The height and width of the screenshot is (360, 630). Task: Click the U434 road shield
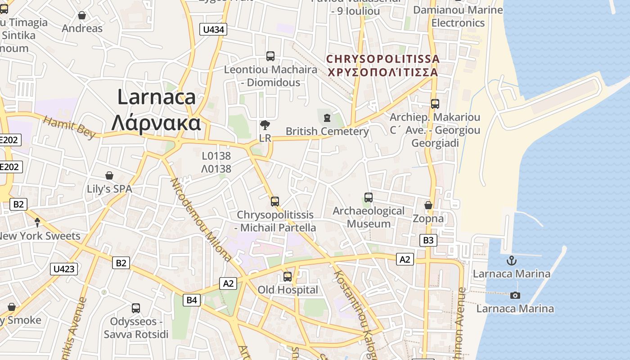point(213,30)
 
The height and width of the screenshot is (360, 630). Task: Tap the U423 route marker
point(64,269)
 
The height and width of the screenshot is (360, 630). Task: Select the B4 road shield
point(192,300)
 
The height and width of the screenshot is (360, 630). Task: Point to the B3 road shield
point(428,240)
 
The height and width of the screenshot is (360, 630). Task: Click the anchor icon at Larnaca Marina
point(511,261)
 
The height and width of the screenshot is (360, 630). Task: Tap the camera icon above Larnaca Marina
point(515,295)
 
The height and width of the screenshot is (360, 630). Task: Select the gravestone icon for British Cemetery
point(327,118)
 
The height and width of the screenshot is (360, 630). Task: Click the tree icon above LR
point(265,125)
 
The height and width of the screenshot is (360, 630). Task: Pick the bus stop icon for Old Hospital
point(288,277)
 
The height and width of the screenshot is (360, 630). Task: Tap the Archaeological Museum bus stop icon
point(369,198)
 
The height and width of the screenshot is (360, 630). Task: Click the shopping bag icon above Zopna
point(428,205)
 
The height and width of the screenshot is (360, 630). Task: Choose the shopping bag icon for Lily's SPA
point(109,175)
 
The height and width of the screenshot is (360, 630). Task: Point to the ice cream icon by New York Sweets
point(37,222)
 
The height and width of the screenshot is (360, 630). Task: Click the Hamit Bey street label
point(70,127)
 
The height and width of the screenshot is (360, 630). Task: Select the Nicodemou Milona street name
point(201,220)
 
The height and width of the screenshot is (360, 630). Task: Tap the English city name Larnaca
point(157,97)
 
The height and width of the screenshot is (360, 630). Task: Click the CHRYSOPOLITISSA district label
point(382,59)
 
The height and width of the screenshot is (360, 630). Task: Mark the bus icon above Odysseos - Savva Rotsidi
point(136,308)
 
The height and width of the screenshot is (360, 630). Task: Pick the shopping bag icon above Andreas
point(82,16)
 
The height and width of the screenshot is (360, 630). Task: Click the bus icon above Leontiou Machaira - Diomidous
point(270,56)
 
